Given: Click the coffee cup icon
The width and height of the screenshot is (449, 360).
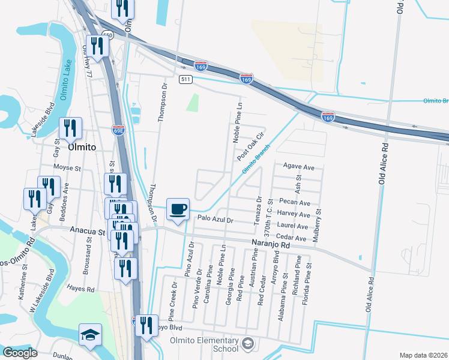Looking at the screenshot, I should [x=177, y=209].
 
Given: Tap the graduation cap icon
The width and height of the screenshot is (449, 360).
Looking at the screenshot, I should [x=90, y=335].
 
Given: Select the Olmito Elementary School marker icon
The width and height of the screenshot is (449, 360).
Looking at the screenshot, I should [x=248, y=343].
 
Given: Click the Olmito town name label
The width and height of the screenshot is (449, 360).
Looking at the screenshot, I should [x=82, y=146].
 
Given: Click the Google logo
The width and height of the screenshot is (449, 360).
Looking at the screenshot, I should [x=20, y=352].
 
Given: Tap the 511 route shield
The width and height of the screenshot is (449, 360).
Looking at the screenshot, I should [x=185, y=79].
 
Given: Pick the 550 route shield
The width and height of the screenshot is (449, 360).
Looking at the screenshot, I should [x=107, y=36].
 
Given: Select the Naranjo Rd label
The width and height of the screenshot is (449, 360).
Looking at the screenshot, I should [x=271, y=244].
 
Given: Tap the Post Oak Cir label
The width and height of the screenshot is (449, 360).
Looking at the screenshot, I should [x=251, y=146].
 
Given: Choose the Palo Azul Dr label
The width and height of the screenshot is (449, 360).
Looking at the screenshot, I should [x=214, y=220].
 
